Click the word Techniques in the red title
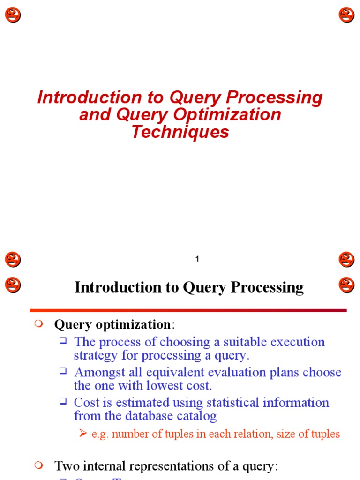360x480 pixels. coord(180,132)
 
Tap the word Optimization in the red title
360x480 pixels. coord(227,115)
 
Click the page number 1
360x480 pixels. coord(197,259)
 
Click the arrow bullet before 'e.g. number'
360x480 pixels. coord(83,434)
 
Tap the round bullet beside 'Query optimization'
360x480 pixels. coord(39,323)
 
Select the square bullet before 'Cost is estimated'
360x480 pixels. coord(63,401)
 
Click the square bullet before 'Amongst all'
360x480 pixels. coord(63,371)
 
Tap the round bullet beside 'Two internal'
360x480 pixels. coord(39,465)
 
